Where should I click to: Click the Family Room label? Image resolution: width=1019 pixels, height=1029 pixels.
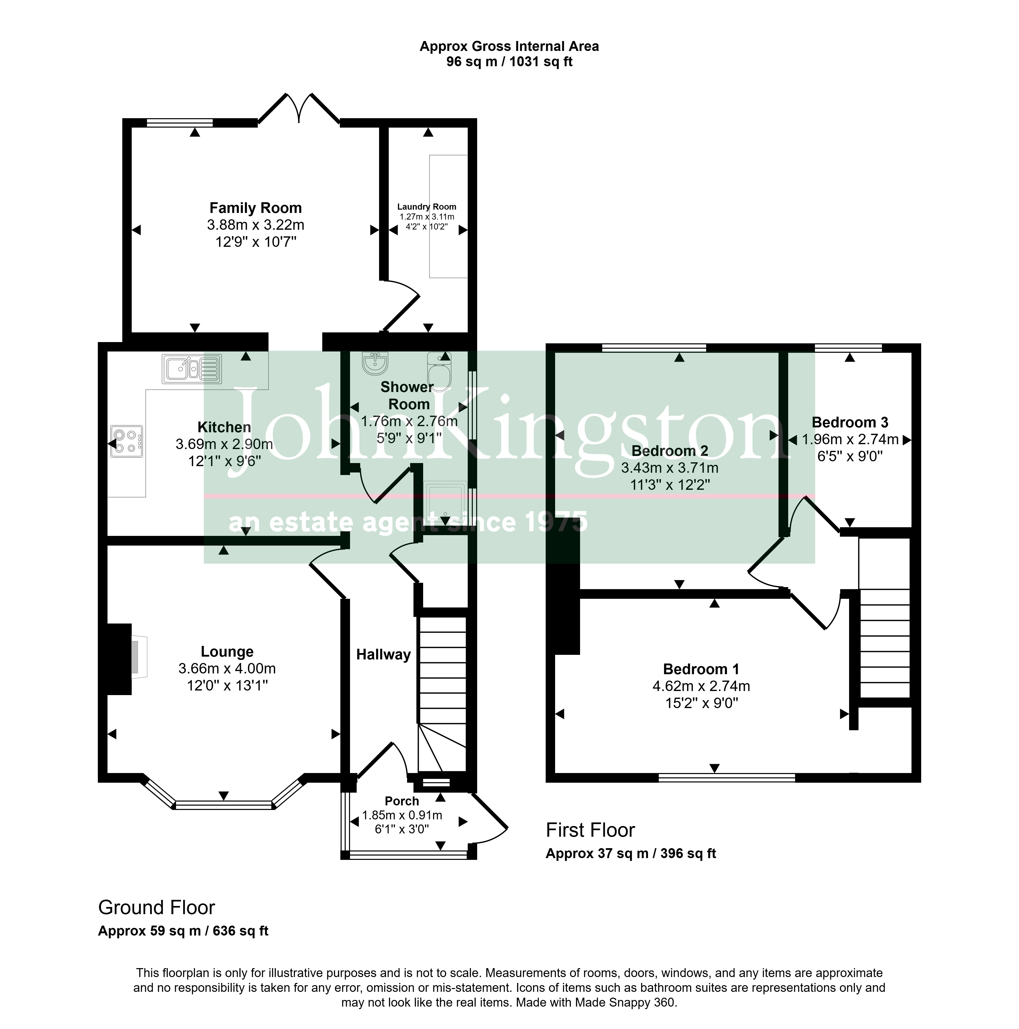coord(256,208)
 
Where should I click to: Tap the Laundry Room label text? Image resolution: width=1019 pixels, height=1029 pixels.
coord(427,207)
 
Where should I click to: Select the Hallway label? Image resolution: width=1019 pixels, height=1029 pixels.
coord(383,655)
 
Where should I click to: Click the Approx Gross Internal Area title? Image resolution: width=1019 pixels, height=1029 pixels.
coord(509,46)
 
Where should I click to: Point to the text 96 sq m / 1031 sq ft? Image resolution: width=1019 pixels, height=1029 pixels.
coord(509,62)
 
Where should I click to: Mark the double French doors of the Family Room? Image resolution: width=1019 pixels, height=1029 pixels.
coord(299,109)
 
